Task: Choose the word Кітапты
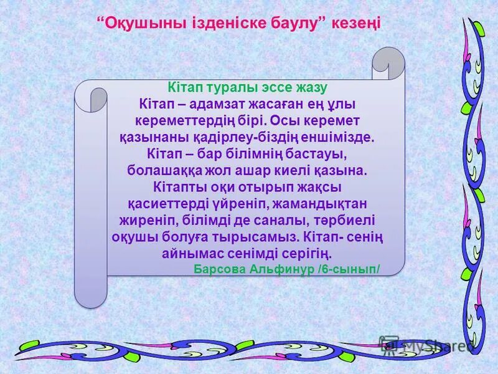(x=179, y=186)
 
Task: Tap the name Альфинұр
(x=281, y=269)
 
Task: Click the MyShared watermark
(x=430, y=345)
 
